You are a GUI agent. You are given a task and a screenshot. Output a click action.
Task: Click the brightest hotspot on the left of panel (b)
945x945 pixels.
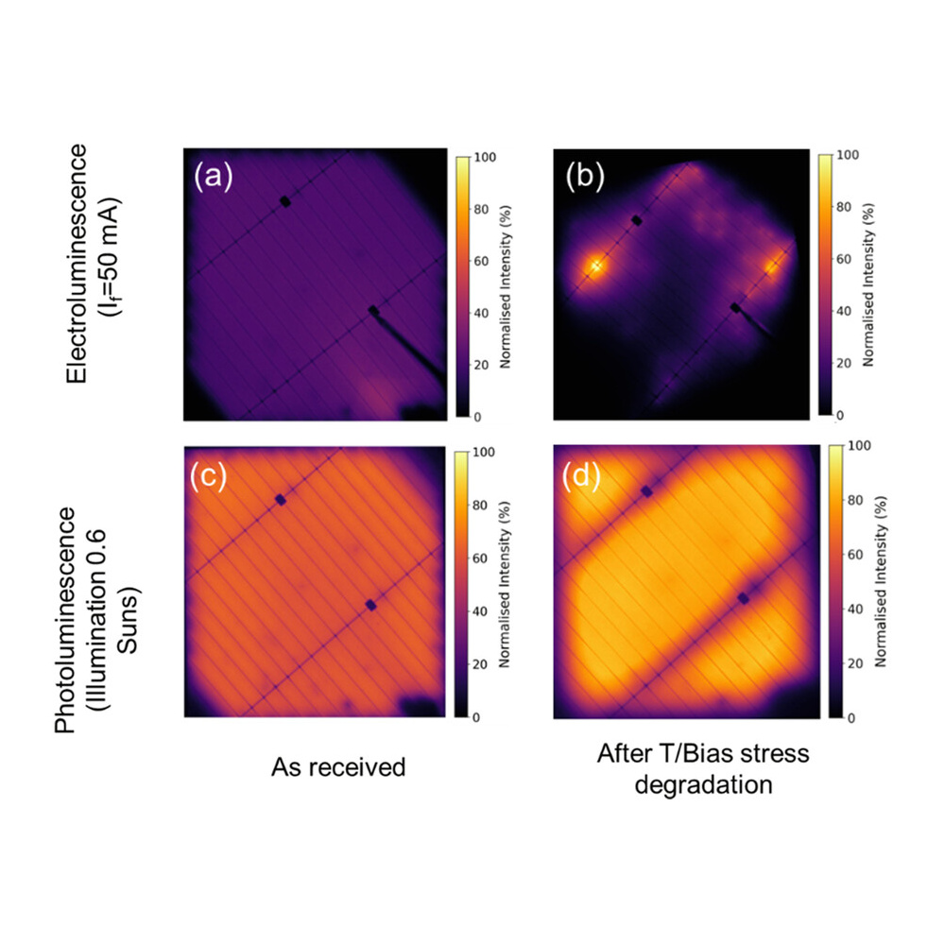click(596, 266)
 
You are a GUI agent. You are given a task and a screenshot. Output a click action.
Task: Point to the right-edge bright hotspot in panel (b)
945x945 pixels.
click(773, 267)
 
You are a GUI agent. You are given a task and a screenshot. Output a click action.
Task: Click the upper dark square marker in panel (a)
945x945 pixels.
click(284, 201)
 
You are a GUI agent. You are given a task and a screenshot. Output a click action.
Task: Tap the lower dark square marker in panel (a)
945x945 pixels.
click(373, 311)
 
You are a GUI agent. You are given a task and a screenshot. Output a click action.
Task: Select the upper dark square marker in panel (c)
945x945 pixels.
click(280, 499)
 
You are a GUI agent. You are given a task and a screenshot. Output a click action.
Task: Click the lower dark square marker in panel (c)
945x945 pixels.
click(370, 605)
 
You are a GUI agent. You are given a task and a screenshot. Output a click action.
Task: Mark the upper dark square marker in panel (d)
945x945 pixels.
click(647, 490)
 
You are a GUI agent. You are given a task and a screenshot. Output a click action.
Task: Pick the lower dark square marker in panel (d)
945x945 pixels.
click(744, 598)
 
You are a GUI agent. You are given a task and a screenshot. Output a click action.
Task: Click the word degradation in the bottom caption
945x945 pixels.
click(703, 784)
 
